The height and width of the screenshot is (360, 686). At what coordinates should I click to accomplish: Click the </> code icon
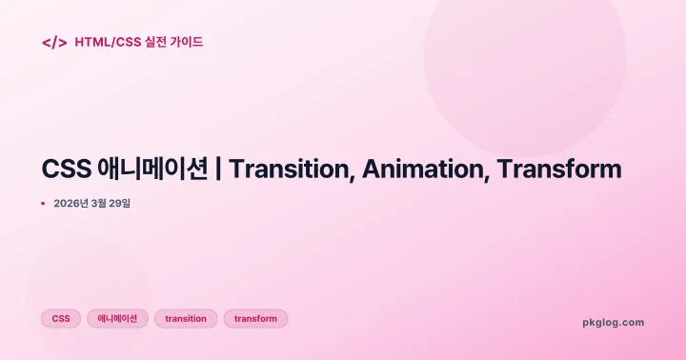pyautogui.click(x=54, y=42)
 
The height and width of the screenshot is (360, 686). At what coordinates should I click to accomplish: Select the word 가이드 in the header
pyautogui.click(x=189, y=42)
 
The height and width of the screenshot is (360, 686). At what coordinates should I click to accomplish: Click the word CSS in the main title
pyautogui.click(x=67, y=170)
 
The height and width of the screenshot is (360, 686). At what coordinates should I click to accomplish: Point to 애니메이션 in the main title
pyautogui.click(x=152, y=170)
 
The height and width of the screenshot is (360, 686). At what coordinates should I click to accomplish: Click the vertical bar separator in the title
pyautogui.click(x=220, y=170)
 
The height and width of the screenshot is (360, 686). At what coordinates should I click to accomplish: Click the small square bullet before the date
pyautogui.click(x=43, y=203)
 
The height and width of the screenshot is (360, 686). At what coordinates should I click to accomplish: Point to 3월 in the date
pyautogui.click(x=103, y=203)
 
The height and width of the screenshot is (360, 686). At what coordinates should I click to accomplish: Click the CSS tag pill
pyautogui.click(x=61, y=319)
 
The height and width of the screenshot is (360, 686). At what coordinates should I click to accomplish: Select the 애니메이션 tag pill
pyautogui.click(x=117, y=319)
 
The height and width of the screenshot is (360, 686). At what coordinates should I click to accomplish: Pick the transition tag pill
pyautogui.click(x=186, y=319)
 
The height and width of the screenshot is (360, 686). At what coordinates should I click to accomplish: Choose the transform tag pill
pyautogui.click(x=255, y=319)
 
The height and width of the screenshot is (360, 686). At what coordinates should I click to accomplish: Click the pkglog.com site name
pyautogui.click(x=613, y=322)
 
